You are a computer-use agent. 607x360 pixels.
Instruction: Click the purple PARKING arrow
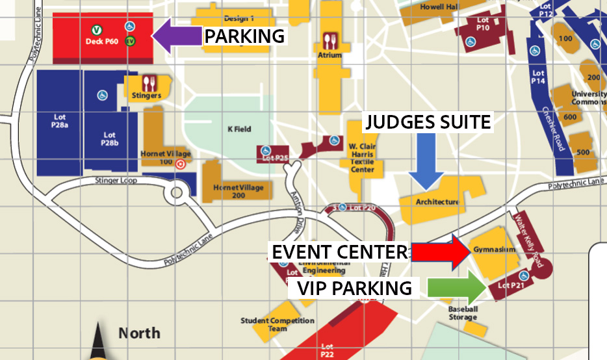(x=177, y=36)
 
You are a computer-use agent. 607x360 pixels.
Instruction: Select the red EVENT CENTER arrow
(x=439, y=252)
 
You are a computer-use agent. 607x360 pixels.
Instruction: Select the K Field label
(x=239, y=129)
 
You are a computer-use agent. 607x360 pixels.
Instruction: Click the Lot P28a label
(x=59, y=120)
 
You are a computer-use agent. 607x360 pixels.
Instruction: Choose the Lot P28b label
(x=109, y=138)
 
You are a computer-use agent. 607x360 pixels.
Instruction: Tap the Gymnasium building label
(x=494, y=250)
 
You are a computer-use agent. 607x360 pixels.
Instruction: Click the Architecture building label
(x=437, y=202)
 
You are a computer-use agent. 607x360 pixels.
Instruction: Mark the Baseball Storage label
(x=463, y=313)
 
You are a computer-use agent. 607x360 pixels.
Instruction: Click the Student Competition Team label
(x=278, y=324)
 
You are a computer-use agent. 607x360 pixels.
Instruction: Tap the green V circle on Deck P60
(x=96, y=29)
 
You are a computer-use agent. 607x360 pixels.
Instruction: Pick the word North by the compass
(x=139, y=333)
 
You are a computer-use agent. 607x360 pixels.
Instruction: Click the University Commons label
(x=589, y=98)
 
